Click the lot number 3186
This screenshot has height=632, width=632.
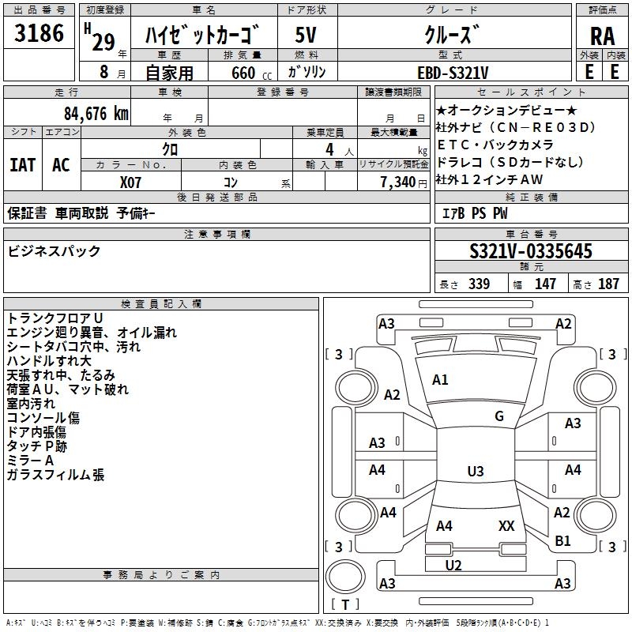(x=39, y=33)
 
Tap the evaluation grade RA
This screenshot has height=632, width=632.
(x=602, y=36)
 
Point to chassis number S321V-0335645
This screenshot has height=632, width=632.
(x=531, y=252)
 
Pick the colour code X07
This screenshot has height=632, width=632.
(x=130, y=181)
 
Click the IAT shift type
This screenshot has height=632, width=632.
(x=22, y=165)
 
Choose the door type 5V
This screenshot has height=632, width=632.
(x=307, y=36)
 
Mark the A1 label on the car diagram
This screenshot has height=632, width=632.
(x=440, y=380)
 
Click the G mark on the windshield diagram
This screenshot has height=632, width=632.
(x=499, y=416)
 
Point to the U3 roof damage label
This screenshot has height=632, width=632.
(x=475, y=472)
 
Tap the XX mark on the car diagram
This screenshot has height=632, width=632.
(x=506, y=525)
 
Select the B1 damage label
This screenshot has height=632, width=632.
(x=562, y=541)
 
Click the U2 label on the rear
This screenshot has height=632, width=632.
(x=453, y=565)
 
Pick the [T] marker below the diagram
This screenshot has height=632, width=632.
(x=345, y=604)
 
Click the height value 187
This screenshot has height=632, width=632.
(x=608, y=284)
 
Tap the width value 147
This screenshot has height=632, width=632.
(x=545, y=284)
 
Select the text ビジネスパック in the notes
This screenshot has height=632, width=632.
(x=54, y=251)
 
